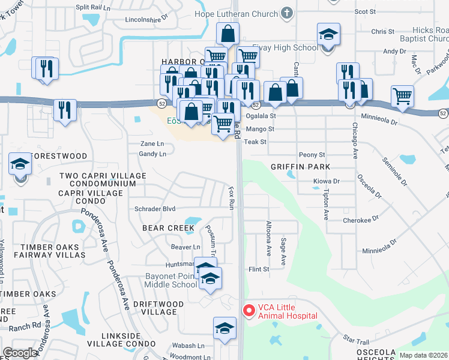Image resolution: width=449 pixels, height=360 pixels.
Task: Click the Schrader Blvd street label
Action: pos(155,209)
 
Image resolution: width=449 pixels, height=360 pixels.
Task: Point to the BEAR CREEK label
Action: pos(168,228)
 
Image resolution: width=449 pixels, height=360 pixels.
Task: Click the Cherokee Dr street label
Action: pos(361,220)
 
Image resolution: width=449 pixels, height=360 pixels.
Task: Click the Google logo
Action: pos(20,352)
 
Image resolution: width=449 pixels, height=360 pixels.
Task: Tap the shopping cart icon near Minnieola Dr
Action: pos(402,95)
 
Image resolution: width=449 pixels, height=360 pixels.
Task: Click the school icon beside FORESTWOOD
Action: pos(20,164)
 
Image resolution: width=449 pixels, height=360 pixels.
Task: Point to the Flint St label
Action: pos(259,270)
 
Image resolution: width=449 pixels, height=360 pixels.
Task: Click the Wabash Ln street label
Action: pos(188,346)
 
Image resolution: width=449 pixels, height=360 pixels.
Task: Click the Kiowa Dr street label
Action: pos(327,181)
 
